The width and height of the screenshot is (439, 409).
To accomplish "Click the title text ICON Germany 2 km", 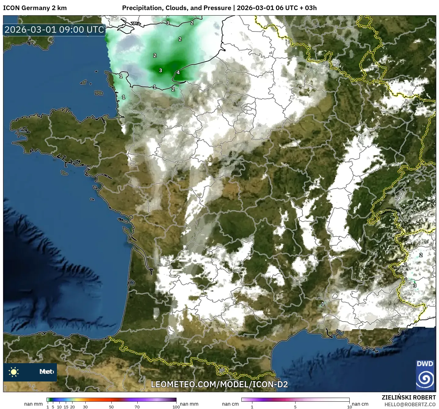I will [35, 8].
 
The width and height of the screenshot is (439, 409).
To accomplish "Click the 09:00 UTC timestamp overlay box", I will [54, 30].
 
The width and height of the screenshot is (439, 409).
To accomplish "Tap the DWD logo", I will [425, 375].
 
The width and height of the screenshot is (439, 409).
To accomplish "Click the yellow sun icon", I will [13, 372].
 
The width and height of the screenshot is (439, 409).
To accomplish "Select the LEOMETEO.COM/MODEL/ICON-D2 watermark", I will [219, 384].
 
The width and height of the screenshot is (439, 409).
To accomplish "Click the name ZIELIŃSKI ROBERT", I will [409, 397].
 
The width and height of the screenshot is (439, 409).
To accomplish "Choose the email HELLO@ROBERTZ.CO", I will [410, 404].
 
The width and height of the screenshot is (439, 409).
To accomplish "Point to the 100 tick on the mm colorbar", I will [176, 407].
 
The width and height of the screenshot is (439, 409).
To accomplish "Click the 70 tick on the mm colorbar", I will [137, 407].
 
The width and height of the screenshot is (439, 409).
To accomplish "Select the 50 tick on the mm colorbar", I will [111, 407].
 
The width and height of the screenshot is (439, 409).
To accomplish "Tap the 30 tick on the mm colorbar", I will [85, 407].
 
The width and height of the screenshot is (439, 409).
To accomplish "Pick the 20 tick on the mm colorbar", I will [73, 407].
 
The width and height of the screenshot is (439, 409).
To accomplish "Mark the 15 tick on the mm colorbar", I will [66, 407].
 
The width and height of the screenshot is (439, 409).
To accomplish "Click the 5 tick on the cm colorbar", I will [295, 407].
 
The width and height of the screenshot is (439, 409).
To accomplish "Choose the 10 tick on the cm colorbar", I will [349, 407].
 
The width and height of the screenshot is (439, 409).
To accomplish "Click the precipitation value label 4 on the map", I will [178, 72].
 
